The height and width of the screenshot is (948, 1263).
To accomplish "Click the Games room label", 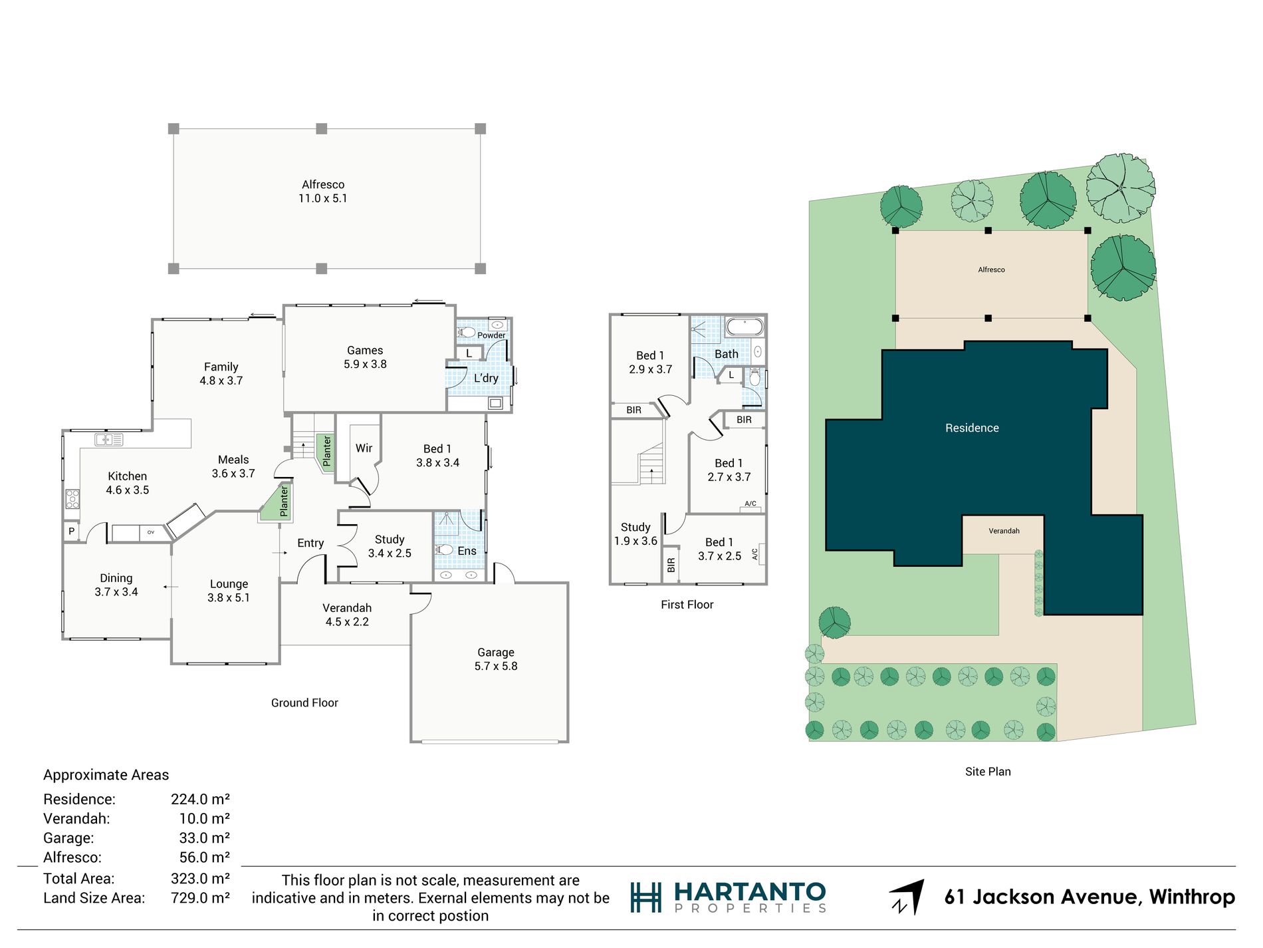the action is click(x=365, y=357).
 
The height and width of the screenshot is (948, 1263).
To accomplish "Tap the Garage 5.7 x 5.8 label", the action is click(x=496, y=659).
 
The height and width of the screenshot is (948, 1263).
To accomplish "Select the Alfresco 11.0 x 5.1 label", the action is click(x=323, y=192).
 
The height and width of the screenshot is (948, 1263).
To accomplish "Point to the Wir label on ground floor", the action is click(x=364, y=448).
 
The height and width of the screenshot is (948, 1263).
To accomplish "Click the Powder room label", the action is click(x=491, y=335).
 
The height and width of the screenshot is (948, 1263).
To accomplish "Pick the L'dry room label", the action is click(x=486, y=378).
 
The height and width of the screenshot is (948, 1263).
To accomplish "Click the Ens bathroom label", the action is click(x=467, y=551).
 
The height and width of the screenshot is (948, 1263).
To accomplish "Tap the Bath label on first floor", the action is click(x=727, y=354).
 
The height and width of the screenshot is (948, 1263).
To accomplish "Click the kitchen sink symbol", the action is click(x=109, y=439).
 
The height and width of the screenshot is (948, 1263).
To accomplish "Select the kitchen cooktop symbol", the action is click(x=72, y=499).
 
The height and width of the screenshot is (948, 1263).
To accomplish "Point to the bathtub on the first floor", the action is click(x=745, y=327).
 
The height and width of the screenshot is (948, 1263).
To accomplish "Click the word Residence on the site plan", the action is click(x=972, y=428).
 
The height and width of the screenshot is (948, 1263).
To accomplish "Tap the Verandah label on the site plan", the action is click(x=1004, y=531).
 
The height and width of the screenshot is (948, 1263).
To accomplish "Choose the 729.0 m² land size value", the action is click(x=200, y=898).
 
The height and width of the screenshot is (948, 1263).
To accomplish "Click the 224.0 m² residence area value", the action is click(x=200, y=799).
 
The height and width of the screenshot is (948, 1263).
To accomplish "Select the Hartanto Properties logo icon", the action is click(x=645, y=897).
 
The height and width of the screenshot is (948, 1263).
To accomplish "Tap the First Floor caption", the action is click(x=687, y=605).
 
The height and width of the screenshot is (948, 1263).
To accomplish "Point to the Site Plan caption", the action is click(x=988, y=772).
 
